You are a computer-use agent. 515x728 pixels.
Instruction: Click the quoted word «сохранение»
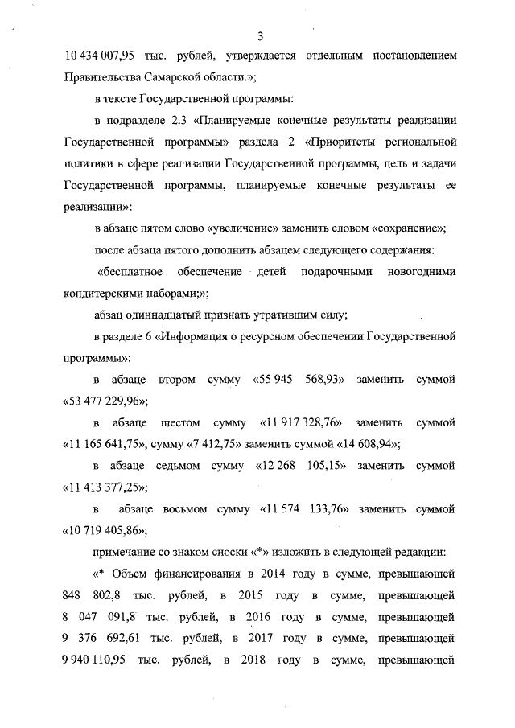pyautogui.click(x=406, y=226)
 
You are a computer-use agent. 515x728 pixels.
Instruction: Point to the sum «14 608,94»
pyautogui.click(x=359, y=443)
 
